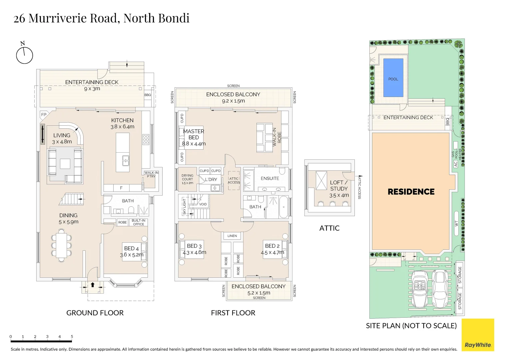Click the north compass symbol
point(24,55)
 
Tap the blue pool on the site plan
point(393,78)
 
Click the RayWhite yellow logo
point(478,335)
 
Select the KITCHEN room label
point(122,120)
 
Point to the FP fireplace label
point(44,115)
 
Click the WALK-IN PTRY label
point(151,174)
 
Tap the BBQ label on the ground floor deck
point(148,95)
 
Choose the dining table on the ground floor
point(62,247)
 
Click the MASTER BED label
point(194,134)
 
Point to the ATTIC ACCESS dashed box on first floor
point(234,181)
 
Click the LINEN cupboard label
point(232,236)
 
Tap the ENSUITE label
point(270,178)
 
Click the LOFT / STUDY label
point(339,185)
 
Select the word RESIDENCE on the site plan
point(411,192)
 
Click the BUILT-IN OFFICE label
point(139,222)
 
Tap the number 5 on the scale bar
point(72,337)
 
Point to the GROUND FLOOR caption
point(95,313)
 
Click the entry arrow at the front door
point(93,285)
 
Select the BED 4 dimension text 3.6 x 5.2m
point(132,255)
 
